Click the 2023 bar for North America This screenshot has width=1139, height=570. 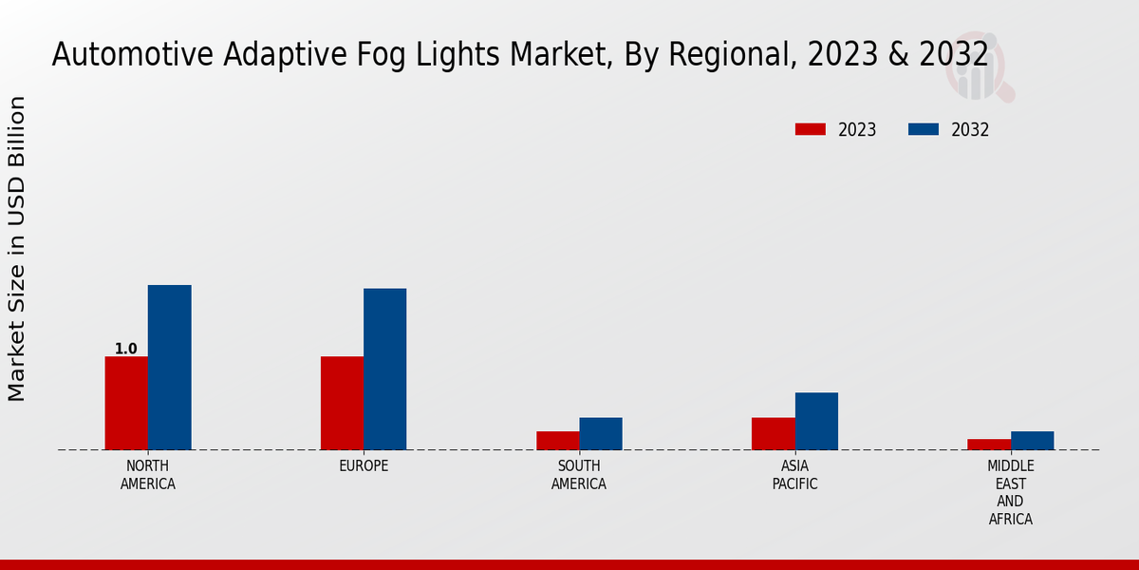pyautogui.click(x=126, y=403)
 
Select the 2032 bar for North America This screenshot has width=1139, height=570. pyautogui.click(x=169, y=367)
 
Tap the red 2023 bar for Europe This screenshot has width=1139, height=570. pyautogui.click(x=342, y=403)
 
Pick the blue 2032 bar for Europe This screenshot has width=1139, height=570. pyautogui.click(x=384, y=369)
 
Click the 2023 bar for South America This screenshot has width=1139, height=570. pyautogui.click(x=557, y=440)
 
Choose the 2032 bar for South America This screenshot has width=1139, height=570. pyautogui.click(x=601, y=433)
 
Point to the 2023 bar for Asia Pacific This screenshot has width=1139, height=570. pyautogui.click(x=773, y=433)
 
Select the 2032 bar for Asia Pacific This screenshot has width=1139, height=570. pyautogui.click(x=816, y=421)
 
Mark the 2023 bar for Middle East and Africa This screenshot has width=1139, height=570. pyautogui.click(x=989, y=444)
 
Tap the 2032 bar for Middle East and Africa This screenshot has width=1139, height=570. pyautogui.click(x=1032, y=440)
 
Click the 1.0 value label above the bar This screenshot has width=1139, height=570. pyautogui.click(x=126, y=349)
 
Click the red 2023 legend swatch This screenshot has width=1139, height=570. pyautogui.click(x=811, y=129)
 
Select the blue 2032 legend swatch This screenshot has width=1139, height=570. pyautogui.click(x=924, y=129)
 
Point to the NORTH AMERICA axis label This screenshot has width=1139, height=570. pyautogui.click(x=148, y=475)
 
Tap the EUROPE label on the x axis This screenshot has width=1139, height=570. pyautogui.click(x=364, y=466)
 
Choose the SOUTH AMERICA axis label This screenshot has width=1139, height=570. pyautogui.click(x=579, y=475)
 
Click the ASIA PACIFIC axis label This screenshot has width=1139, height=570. pyautogui.click(x=794, y=475)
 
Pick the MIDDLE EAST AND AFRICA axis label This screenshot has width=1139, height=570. pyautogui.click(x=1010, y=492)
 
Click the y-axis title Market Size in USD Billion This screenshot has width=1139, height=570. pyautogui.click(x=17, y=249)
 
